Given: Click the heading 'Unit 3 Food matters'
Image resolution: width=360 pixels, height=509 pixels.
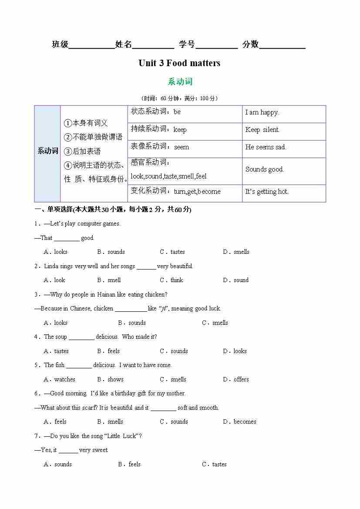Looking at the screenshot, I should click(179, 63).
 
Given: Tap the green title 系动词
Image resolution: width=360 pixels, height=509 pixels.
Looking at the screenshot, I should click(180, 81).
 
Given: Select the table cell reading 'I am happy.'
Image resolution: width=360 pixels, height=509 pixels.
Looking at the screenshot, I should click(262, 112).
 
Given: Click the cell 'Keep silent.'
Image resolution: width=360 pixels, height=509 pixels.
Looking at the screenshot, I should click(262, 130).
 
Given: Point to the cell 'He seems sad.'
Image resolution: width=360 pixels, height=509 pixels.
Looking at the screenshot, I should click(266, 147).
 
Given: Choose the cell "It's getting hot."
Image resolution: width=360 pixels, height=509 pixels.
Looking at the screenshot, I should click(266, 192).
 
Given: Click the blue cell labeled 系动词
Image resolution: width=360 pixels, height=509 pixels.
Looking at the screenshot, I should click(47, 151).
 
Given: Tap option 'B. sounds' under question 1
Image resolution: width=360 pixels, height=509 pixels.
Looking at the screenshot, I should click(111, 252).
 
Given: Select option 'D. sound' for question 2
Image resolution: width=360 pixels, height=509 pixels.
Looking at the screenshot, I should click(236, 280).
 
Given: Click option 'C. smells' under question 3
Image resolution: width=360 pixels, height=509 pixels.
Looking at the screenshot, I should click(215, 323).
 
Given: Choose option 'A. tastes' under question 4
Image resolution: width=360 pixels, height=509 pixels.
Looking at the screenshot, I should click(56, 351).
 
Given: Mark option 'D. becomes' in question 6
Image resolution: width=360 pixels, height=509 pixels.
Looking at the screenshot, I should click(239, 421).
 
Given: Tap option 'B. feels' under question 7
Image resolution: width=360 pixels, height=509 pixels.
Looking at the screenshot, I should click(129, 464).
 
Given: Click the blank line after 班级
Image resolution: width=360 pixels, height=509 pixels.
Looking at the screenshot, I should click(91, 45).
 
